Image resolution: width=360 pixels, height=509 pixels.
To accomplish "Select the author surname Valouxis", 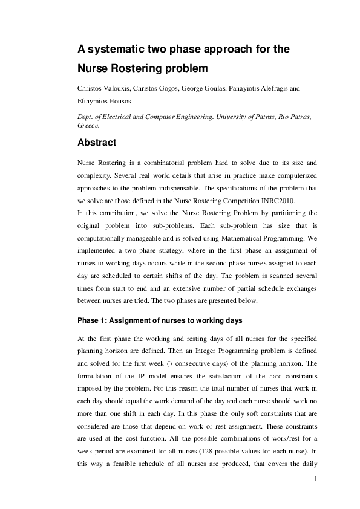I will [122, 89].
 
